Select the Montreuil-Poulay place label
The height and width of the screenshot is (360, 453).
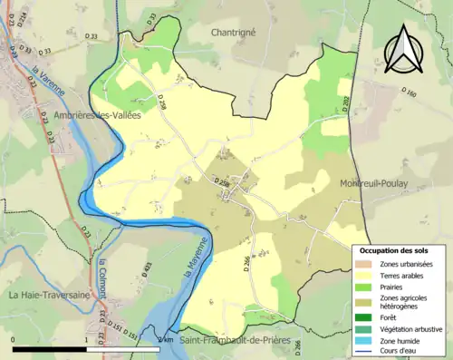(373, 183)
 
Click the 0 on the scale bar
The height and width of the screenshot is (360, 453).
(14, 339)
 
